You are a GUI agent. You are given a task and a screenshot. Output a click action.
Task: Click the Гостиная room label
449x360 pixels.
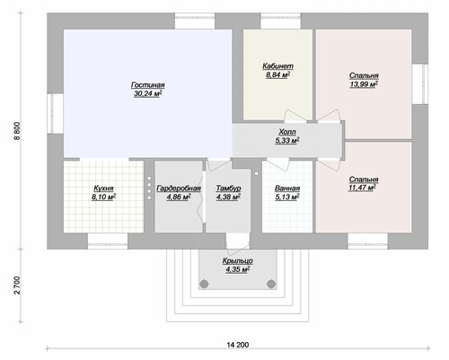tap(148, 85)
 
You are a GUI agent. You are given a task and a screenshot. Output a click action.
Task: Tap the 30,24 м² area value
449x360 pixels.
tap(148, 93)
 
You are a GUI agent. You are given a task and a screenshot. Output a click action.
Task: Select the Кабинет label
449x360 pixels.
tap(277, 66)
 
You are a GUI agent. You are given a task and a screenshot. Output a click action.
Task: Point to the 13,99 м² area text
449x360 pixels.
tap(364, 84)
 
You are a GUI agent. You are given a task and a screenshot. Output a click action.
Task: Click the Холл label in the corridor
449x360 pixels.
tap(287, 132)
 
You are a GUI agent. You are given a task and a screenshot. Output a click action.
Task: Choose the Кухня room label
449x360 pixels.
tap(103, 189)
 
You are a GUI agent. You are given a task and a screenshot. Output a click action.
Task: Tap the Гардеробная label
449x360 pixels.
tap(179, 189)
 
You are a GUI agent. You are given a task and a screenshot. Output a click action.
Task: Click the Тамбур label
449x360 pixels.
tap(228, 189)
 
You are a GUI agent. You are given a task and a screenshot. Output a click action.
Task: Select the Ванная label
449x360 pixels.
tap(287, 189)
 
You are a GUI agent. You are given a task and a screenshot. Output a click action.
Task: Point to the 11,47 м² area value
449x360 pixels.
tap(362, 188)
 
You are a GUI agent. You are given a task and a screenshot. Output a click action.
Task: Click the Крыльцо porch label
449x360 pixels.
tap(238, 260)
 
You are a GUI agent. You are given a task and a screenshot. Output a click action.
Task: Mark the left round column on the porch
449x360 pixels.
tap(204, 284)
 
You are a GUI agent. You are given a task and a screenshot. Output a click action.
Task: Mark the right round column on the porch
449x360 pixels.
tap(271, 284)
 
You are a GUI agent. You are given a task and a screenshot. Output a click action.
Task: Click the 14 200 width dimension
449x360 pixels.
tap(238, 345)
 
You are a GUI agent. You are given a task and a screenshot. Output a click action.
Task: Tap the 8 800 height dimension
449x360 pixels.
tap(17, 131)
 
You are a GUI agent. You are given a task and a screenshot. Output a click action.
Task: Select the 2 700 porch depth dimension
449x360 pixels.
tap(17, 285)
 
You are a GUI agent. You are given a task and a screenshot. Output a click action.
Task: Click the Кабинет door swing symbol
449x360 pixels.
tap(295, 116)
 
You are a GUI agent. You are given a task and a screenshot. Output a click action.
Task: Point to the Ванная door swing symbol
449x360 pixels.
tap(277, 164)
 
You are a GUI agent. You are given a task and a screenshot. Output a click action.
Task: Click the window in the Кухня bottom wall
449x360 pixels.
tap(108, 241)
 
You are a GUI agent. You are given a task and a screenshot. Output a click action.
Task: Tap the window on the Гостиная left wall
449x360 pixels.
tap(55, 114)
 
